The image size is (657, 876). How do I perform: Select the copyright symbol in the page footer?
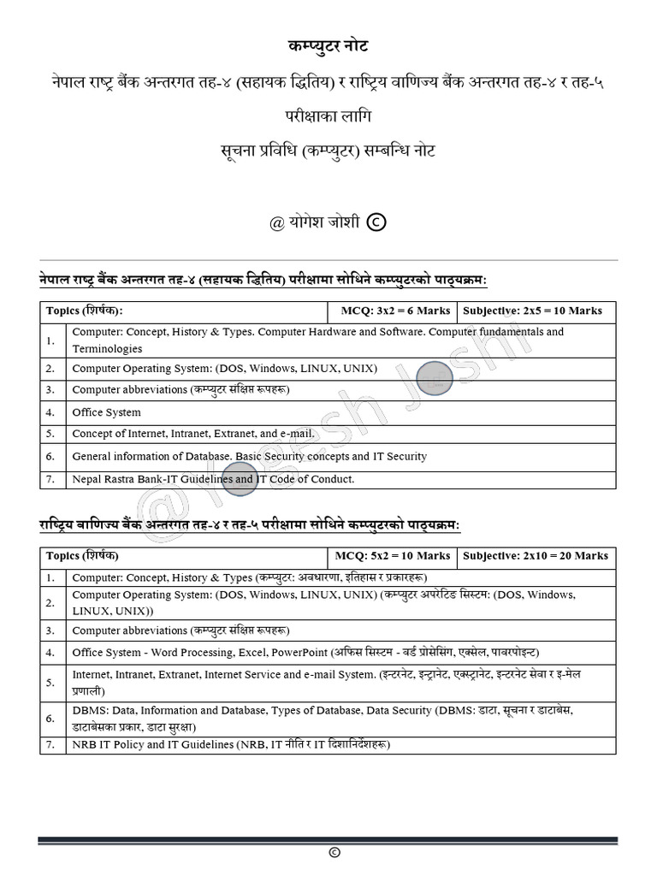[334, 853]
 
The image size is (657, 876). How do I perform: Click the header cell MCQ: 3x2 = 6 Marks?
[391, 311]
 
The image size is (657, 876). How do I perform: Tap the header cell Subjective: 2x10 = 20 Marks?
[536, 556]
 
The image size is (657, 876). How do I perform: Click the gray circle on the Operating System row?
[435, 378]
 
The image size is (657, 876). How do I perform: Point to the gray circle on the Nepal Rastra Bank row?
[240, 478]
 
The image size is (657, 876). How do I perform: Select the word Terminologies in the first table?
[107, 349]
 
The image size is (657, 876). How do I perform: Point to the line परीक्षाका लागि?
[328, 115]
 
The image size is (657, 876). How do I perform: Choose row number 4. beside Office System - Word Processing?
[51, 652]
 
